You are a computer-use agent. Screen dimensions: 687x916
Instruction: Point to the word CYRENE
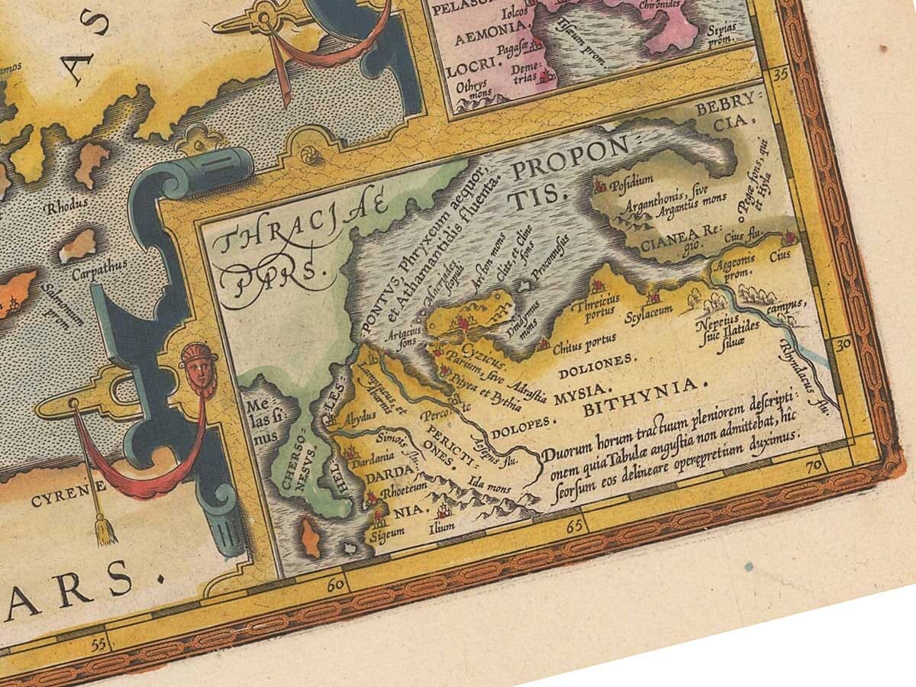tap(55, 501)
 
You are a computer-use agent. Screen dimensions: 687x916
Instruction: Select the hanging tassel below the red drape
tap(102, 528)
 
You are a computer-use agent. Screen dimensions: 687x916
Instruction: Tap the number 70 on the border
tap(813, 463)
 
